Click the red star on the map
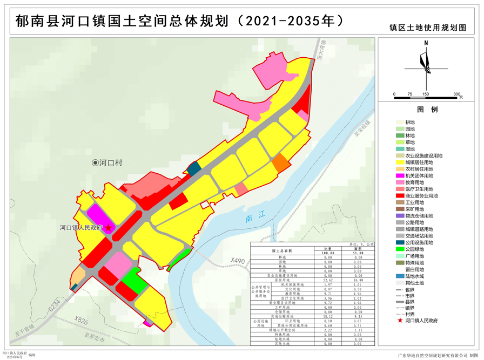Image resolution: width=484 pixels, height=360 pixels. pyautogui.click(x=108, y=228)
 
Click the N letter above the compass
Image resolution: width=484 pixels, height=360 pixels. pyautogui.click(x=426, y=43)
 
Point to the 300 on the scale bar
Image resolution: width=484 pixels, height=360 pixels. pyautogui.click(x=456, y=94)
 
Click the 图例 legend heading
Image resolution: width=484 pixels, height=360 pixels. pyautogui.click(x=432, y=109)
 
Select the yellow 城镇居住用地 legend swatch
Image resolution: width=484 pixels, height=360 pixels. pyautogui.click(x=399, y=162)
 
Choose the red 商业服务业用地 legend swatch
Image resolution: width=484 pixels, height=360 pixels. pyautogui.click(x=399, y=196)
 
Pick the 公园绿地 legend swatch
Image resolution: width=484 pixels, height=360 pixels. pyautogui.click(x=399, y=249)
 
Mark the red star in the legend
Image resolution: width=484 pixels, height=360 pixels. pyautogui.click(x=399, y=320)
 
